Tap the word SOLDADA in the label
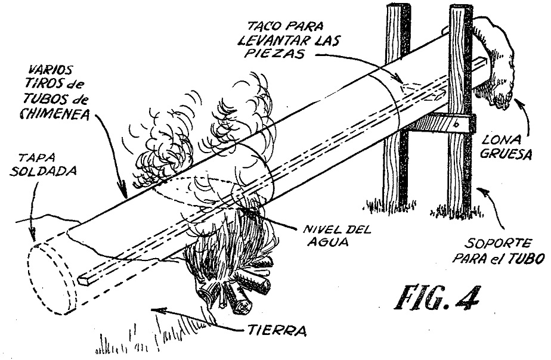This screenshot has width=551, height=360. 43,171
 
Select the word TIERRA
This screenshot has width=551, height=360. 277,331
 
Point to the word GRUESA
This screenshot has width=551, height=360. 505,154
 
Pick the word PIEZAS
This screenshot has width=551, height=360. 276,54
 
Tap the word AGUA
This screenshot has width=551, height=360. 327,241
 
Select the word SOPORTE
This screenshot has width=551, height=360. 499,243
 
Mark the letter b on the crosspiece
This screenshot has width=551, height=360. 456,123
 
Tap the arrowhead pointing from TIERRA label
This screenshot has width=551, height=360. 154,309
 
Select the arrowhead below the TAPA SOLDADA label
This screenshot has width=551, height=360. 32,236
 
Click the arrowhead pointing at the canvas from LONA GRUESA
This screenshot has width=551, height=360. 516,102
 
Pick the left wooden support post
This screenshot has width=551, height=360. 397,105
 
